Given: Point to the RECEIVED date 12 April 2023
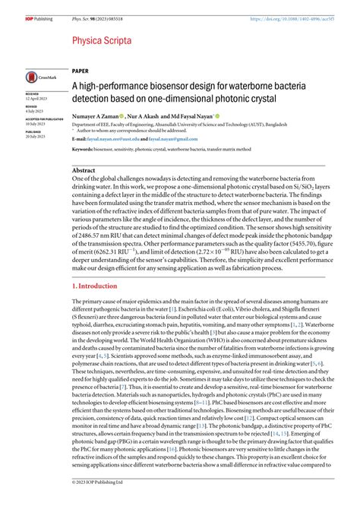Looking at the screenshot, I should coord(37,99).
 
